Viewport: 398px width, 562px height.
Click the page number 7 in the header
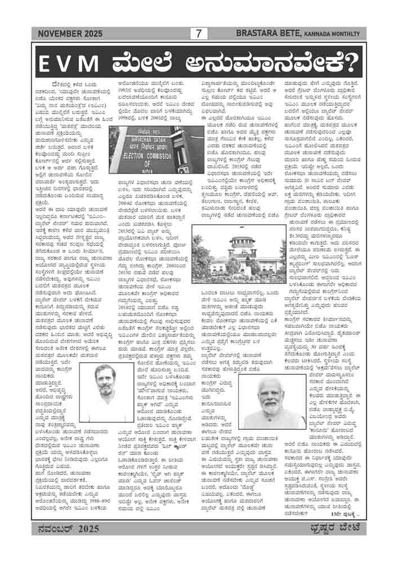coord(198,34)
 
